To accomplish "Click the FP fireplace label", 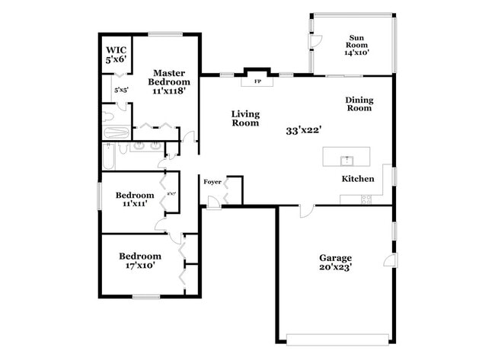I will [x=257, y=80].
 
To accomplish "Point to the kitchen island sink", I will [x=346, y=159].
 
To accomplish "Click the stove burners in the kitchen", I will [x=365, y=199].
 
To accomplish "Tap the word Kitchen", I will [x=357, y=179].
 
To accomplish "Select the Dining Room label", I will [x=358, y=104].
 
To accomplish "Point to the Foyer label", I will [x=212, y=182].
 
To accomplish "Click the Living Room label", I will [x=245, y=118].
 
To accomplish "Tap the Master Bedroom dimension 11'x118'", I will [x=168, y=91].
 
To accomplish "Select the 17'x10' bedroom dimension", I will [x=140, y=266].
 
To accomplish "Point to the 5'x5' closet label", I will [x=121, y=90].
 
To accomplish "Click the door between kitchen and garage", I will [x=305, y=210].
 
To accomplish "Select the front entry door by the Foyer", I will [x=215, y=202].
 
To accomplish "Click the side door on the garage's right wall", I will [x=389, y=260].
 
